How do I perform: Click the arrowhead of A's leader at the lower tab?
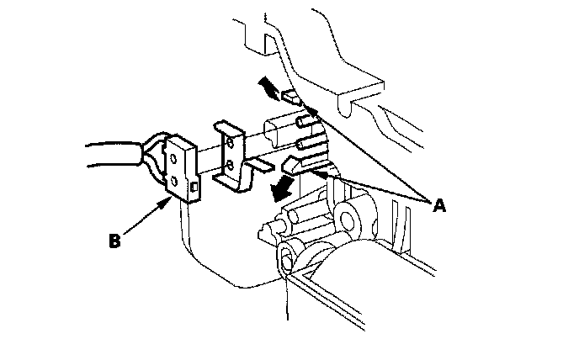click(319, 173)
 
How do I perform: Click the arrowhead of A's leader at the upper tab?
click(312, 109)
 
